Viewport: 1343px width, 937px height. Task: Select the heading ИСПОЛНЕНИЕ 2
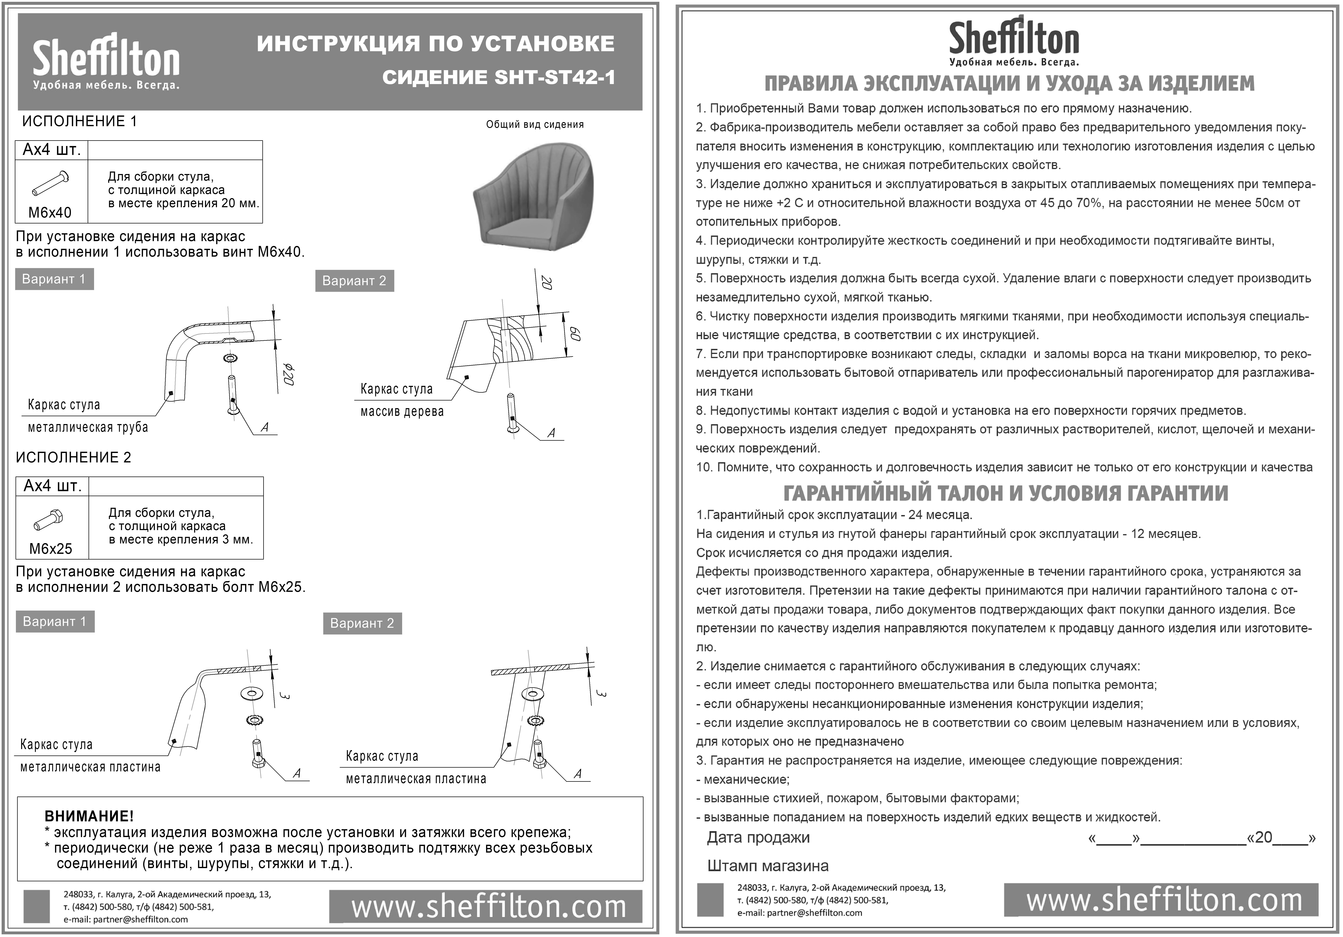[x=74, y=457]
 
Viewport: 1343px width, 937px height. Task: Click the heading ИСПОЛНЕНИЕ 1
[x=80, y=122]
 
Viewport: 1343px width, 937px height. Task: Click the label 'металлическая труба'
[x=88, y=428]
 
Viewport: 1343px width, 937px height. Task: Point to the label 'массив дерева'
[x=402, y=412]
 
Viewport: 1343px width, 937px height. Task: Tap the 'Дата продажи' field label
[x=758, y=838]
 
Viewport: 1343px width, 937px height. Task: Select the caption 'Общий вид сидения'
[x=535, y=125]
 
